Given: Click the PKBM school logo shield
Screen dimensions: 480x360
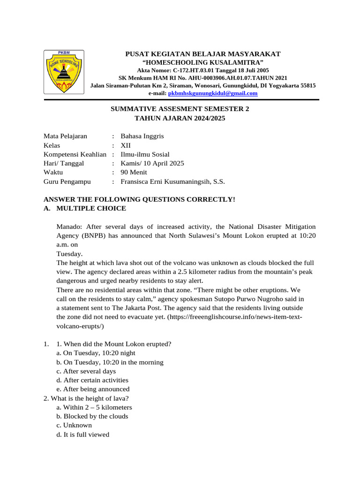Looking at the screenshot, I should click(64, 72).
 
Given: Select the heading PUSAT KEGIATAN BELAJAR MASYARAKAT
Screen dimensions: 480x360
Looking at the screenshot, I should click(202, 54).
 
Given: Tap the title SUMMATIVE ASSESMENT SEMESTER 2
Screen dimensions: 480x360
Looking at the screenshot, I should click(180, 109).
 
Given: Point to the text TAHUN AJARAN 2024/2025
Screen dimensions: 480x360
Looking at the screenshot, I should click(180, 119).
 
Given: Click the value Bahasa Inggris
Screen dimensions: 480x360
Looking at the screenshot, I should click(142, 136).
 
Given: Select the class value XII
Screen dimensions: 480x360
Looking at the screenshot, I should click(126, 145).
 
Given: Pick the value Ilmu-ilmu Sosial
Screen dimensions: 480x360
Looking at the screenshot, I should click(145, 154).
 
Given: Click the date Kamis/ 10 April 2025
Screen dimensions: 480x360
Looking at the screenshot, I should click(152, 163).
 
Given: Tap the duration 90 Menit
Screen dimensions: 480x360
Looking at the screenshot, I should click(134, 172).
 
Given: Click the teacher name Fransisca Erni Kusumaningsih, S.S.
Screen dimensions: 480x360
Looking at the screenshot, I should click(169, 181).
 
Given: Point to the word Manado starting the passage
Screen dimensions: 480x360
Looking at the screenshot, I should click(69, 226).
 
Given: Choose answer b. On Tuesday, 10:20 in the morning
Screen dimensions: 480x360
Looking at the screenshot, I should click(110, 362).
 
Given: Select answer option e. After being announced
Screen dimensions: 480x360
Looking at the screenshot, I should click(93, 389).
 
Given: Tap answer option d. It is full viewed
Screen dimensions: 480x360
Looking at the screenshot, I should click(82, 435).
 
